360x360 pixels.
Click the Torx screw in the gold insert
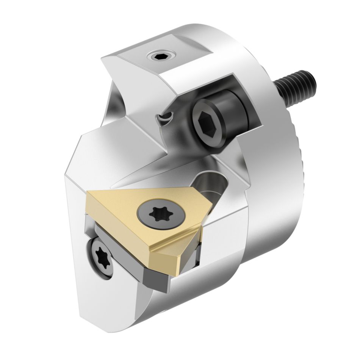pos(156,214)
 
